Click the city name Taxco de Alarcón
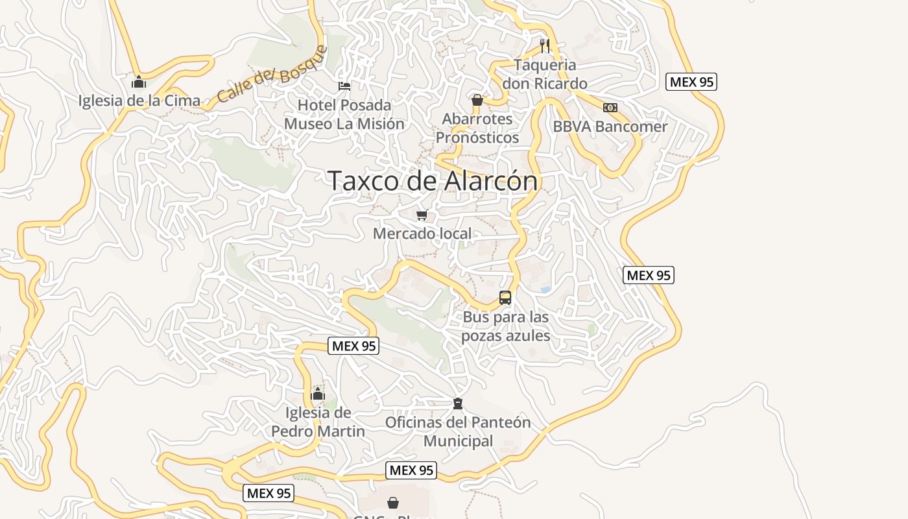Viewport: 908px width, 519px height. point(433,181)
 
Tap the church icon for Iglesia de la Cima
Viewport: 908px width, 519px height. point(138,82)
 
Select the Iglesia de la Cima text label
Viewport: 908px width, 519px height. point(139,101)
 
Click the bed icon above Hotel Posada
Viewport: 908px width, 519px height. point(344,86)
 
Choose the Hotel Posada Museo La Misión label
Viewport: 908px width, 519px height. point(344,114)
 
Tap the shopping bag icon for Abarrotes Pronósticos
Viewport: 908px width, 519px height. point(477,100)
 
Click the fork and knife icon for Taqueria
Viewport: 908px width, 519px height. point(545,45)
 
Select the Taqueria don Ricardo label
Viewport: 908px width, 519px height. point(545,74)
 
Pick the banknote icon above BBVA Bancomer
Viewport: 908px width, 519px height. point(610,108)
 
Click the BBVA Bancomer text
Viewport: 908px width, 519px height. point(610,127)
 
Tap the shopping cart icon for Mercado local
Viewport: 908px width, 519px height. point(422,215)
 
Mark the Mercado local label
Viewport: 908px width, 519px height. point(422,234)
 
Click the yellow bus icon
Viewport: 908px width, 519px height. point(505,298)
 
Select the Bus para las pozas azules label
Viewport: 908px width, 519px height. point(506,326)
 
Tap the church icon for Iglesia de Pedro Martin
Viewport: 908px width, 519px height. point(318,394)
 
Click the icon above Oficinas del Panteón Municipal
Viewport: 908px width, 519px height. point(458,404)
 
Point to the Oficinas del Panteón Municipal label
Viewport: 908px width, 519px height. point(458,431)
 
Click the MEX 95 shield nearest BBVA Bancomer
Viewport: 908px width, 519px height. point(691,82)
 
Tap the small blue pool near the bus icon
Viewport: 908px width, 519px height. point(545,289)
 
